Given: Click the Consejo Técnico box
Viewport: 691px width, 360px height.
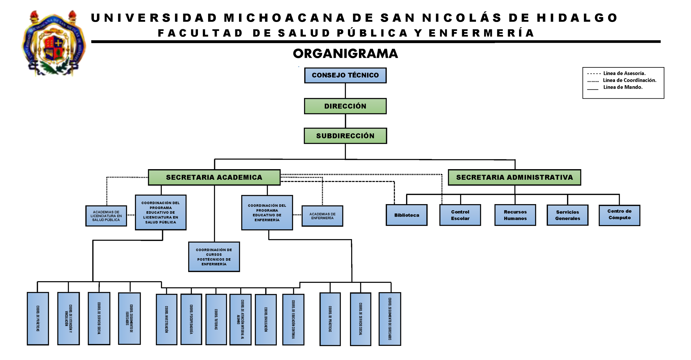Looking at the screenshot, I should point(345,75).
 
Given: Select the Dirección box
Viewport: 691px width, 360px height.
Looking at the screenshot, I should point(345,106).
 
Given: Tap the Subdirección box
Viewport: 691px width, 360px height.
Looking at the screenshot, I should point(345,136).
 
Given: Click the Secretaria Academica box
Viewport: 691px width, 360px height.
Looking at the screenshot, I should point(214,177).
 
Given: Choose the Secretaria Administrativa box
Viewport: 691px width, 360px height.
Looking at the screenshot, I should point(514,177).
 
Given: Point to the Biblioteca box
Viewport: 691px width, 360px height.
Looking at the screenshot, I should point(406,215).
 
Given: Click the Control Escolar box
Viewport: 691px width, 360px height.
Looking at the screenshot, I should point(460,215).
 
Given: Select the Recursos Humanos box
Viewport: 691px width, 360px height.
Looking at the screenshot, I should point(515,215).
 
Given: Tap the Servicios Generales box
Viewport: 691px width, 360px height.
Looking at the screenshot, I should point(567,215).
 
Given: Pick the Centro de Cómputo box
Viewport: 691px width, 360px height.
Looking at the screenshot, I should point(619,215).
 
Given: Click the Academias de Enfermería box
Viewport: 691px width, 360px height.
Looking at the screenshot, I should point(322,216).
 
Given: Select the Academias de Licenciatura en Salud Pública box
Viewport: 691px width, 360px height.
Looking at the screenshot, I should point(106,216).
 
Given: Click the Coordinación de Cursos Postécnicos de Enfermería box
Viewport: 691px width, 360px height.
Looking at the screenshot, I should point(214,257).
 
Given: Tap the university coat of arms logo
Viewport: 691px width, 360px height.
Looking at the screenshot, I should point(54,43).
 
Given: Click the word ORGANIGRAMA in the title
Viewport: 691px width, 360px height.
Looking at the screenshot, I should point(345,54).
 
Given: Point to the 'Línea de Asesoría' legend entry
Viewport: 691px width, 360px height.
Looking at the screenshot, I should point(624,73).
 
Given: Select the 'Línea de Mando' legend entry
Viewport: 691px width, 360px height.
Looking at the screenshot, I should point(623,87).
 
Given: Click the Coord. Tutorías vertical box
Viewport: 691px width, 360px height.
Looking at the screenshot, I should point(216,319).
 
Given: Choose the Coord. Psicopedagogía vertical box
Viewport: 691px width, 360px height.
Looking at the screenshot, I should point(191,319).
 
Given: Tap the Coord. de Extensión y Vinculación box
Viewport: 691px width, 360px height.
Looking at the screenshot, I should point(68,319).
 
